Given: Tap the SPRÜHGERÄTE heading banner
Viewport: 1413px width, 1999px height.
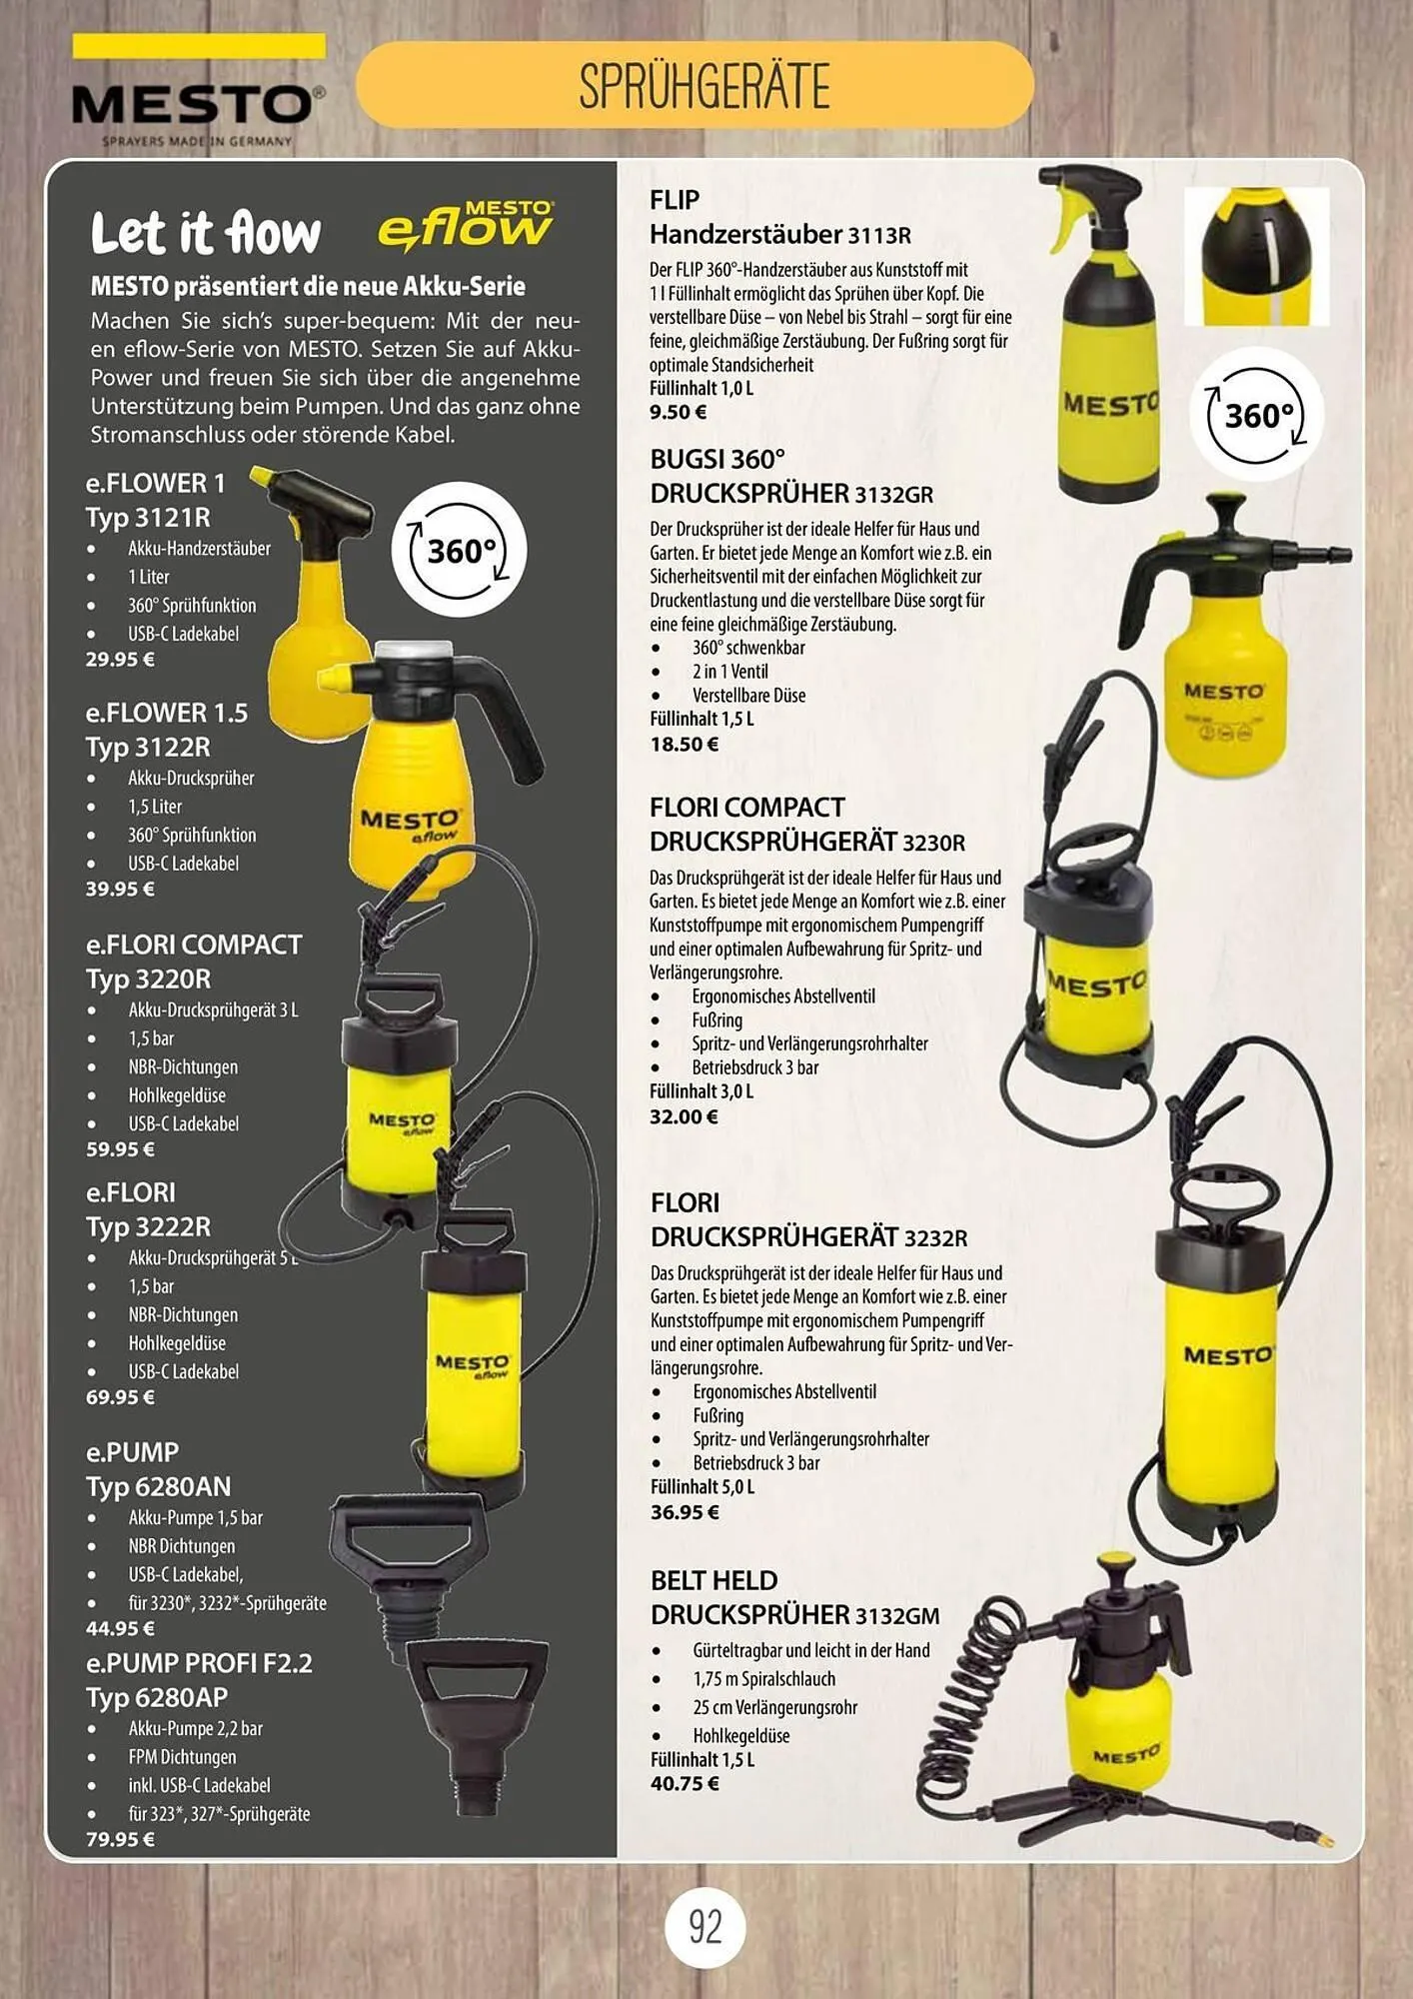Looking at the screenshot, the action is (x=695, y=85).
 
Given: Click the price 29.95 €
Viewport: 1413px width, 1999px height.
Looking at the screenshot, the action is (x=120, y=660).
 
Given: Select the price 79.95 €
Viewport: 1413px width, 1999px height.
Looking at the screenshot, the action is (x=120, y=1839).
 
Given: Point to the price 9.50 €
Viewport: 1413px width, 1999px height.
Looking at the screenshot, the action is (x=679, y=412).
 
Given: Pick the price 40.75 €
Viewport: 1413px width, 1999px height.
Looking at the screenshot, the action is (x=685, y=1783).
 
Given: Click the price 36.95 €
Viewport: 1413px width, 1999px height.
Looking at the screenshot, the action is (x=685, y=1512).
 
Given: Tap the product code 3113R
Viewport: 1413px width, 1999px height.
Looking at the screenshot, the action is (x=879, y=236).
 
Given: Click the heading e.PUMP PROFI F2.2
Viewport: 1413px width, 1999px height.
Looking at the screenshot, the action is (x=199, y=1663).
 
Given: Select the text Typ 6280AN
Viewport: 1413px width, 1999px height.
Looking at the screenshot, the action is (x=158, y=1487).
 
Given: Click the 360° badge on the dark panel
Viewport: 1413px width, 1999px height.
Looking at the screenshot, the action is (x=459, y=551).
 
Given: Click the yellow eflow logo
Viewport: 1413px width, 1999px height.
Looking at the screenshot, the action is (x=466, y=224).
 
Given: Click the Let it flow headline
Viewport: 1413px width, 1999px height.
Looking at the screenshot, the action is (x=206, y=232).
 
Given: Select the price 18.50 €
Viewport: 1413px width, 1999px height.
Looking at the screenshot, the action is (x=685, y=744).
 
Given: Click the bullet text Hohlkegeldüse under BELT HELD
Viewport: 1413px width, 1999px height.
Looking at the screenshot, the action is (x=741, y=1736).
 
